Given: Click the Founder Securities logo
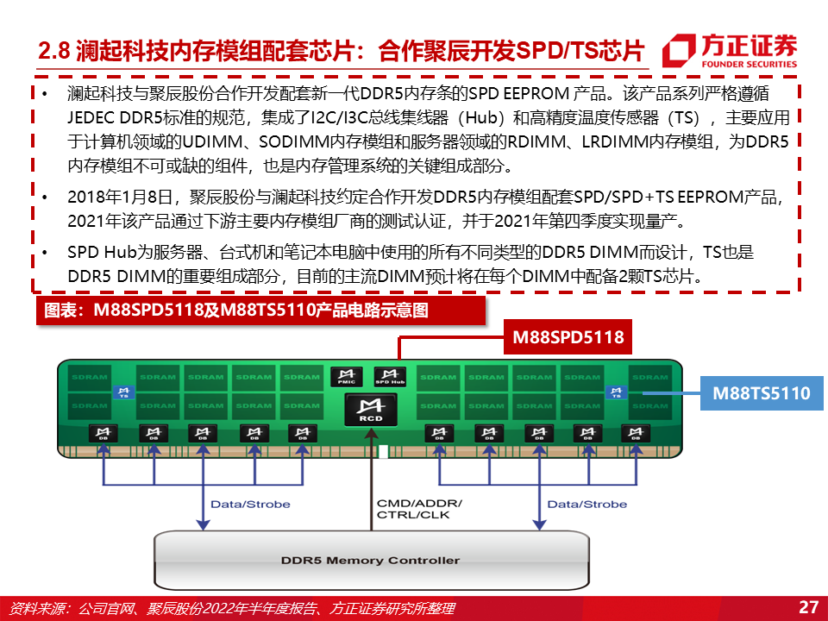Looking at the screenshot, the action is tap(729, 50).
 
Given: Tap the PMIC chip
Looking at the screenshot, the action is tap(342, 376).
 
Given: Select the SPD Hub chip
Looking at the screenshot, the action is tap(389, 376).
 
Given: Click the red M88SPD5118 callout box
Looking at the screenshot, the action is tap(568, 336).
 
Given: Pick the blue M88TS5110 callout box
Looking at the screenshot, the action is tap(762, 393).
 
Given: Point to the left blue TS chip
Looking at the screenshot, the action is tap(122, 392).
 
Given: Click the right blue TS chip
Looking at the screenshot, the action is tap(616, 392).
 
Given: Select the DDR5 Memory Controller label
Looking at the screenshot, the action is tap(370, 560).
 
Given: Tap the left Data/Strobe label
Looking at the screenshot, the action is tap(250, 504).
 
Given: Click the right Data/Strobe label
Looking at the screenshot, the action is tap(587, 504).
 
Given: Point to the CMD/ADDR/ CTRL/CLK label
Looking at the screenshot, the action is tap(419, 509).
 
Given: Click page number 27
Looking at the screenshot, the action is tap(808, 606).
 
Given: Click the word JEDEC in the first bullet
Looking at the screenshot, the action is tap(90, 117).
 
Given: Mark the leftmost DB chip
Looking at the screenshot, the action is tap(104, 434).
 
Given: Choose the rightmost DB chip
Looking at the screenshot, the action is tap(637, 434).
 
